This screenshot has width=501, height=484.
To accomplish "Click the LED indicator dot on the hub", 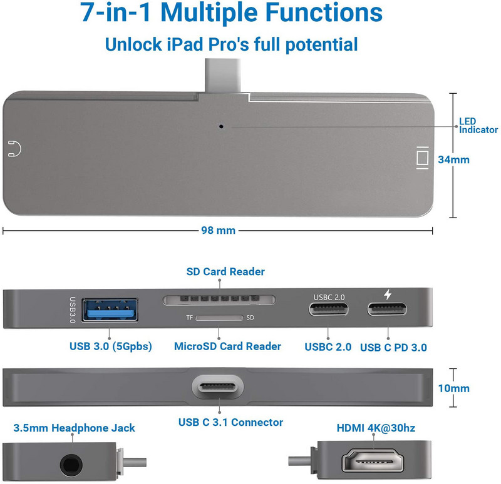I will click(222, 126).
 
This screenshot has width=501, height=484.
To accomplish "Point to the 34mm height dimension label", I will click(453, 159).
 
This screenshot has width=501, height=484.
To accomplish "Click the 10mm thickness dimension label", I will click(453, 388).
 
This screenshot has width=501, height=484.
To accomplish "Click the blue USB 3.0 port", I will click(110, 310).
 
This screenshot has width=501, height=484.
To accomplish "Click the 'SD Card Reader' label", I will click(225, 272).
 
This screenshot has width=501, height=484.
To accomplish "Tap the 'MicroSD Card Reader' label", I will click(227, 346).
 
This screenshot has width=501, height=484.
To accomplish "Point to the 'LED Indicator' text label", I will click(478, 126).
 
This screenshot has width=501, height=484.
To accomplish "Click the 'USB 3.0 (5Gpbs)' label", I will click(111, 346).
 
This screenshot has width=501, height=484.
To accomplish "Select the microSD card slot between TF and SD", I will click(220, 318).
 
